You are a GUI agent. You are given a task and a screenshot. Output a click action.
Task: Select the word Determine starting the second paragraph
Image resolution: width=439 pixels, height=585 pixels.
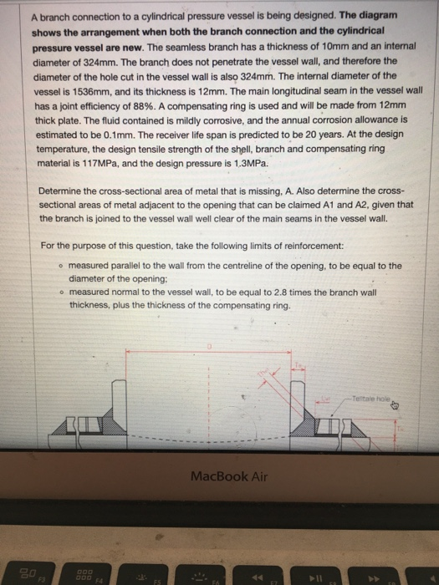pyautogui.click(x=64, y=190)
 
